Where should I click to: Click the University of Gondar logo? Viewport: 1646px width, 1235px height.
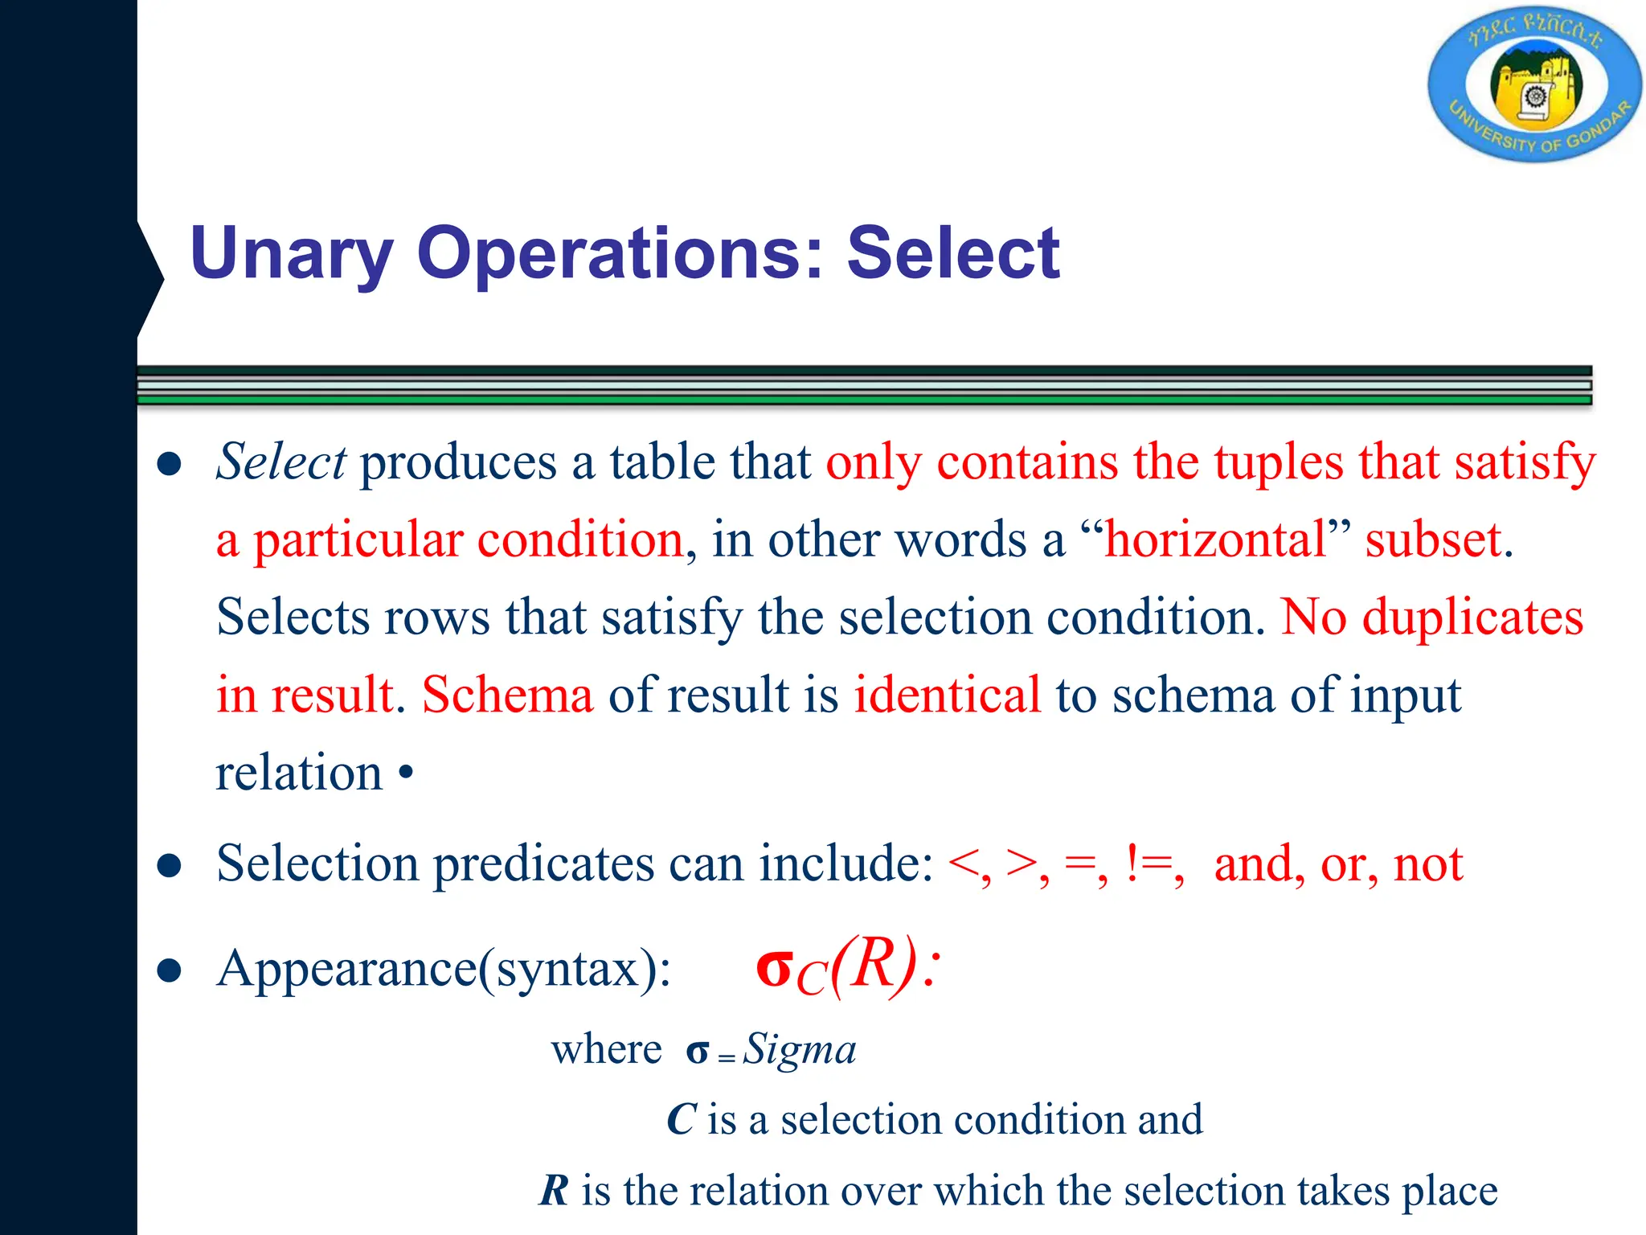1534,84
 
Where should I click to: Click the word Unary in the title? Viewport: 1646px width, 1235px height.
292,254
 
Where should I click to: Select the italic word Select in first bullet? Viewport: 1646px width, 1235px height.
281,462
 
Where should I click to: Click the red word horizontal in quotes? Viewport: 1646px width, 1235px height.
1216,540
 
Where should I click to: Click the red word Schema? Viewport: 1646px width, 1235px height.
508,695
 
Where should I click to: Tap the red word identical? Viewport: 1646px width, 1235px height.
947,695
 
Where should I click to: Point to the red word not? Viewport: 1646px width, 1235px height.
1428,865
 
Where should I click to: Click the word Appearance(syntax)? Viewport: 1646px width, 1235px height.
444,970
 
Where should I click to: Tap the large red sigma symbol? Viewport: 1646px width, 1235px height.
775,968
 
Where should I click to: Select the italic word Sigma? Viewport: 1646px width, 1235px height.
800,1050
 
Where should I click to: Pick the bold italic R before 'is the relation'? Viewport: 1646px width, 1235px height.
554,1191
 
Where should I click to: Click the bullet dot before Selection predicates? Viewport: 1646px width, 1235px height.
169,867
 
